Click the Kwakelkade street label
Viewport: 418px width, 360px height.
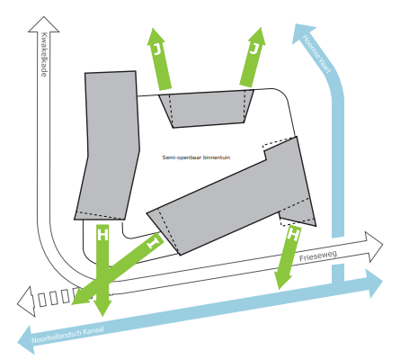(x=44, y=54)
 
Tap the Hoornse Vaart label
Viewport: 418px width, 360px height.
(x=316, y=54)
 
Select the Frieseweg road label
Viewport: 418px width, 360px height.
(x=318, y=256)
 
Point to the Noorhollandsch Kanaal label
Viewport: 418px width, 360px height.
(x=67, y=335)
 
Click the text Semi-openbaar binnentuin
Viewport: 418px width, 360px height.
(x=196, y=157)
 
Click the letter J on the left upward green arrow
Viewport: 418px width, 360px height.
(x=157, y=49)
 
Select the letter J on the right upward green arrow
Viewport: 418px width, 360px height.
(x=253, y=49)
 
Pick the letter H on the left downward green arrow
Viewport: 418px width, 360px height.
(x=102, y=235)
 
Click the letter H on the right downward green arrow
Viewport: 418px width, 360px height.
(x=293, y=234)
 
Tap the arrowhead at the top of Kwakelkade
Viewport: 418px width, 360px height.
(x=44, y=24)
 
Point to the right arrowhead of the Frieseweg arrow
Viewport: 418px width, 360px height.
(x=374, y=246)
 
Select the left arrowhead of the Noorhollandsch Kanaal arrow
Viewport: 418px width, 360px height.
(x=25, y=340)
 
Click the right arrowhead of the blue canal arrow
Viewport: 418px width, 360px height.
(x=374, y=283)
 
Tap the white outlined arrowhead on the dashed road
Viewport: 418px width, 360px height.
(x=26, y=301)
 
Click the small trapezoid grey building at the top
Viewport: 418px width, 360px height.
(x=206, y=109)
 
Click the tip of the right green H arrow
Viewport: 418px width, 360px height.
(x=280, y=289)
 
